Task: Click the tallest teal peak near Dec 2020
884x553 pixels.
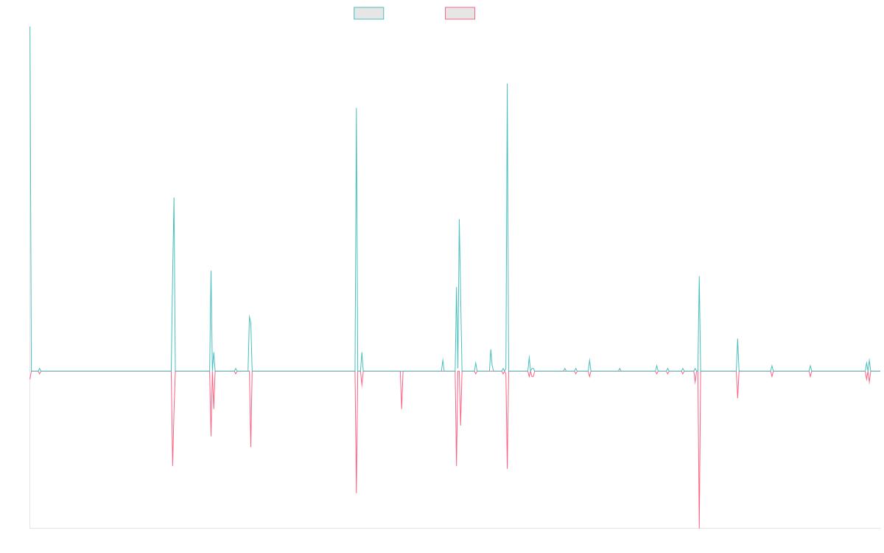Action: (x=508, y=84)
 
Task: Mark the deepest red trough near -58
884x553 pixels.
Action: (x=699, y=527)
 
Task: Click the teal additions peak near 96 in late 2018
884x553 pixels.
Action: (x=357, y=108)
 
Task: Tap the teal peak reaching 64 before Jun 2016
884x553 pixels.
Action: (x=174, y=198)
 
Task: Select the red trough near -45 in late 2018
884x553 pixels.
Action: (x=357, y=493)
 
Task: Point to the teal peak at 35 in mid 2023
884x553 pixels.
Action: (x=699, y=276)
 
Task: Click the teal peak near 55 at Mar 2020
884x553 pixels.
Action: (x=459, y=221)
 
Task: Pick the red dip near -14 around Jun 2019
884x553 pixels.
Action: (x=401, y=408)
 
